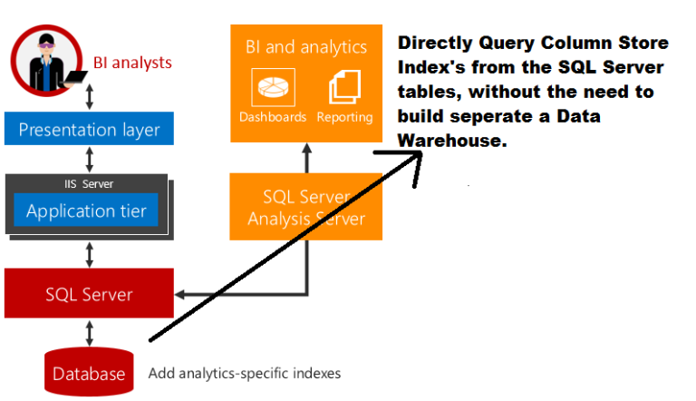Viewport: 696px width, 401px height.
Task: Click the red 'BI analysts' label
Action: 132,63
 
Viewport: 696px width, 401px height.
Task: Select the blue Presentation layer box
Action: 89,129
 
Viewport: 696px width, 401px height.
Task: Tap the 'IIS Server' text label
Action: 88,183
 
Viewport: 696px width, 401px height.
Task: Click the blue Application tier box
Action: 86,211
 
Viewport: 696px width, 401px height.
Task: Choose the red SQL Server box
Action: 89,294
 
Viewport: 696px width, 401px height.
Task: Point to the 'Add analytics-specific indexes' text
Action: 245,373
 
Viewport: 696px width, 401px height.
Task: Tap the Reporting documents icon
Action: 345,88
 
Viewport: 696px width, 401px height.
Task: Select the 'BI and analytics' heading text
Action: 305,46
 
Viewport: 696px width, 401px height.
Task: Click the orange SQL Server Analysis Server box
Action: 306,207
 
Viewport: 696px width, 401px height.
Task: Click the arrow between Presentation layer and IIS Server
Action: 89,160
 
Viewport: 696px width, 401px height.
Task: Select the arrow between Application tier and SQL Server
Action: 89,254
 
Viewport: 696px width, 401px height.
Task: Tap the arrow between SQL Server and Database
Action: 89,332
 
